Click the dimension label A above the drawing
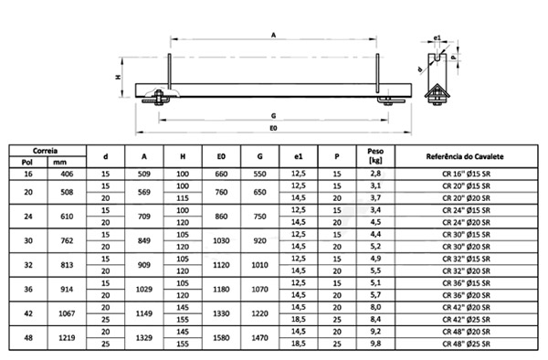(273, 35)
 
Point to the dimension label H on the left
(118, 77)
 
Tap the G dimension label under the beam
(273, 116)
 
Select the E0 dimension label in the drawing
(273, 128)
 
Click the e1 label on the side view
(437, 37)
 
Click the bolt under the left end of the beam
(159, 98)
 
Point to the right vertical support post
(377, 73)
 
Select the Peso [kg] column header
(375, 156)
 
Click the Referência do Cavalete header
(465, 156)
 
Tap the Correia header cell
(45, 151)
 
